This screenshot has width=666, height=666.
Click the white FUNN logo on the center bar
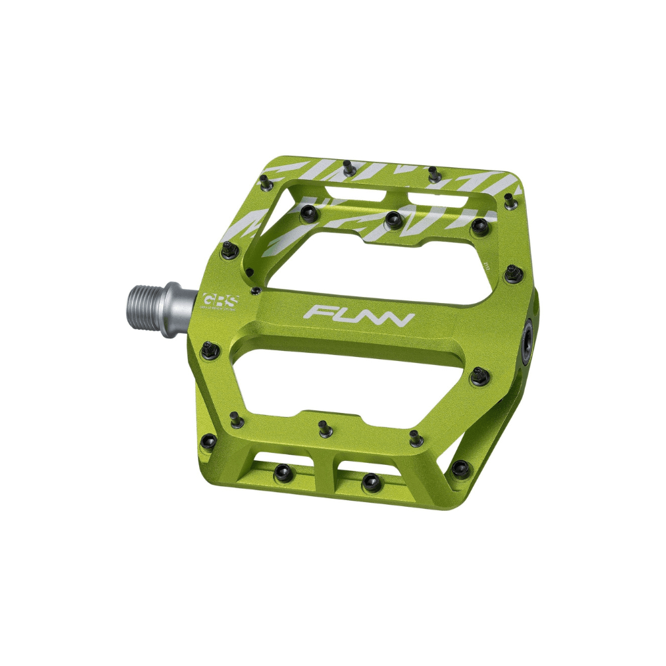tap(358, 315)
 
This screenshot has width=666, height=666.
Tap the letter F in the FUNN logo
tap(316, 312)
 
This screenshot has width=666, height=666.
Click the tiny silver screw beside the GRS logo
tap(254, 290)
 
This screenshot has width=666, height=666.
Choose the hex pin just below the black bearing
tap(479, 376)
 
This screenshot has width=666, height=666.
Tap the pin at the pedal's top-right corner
tap(509, 198)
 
